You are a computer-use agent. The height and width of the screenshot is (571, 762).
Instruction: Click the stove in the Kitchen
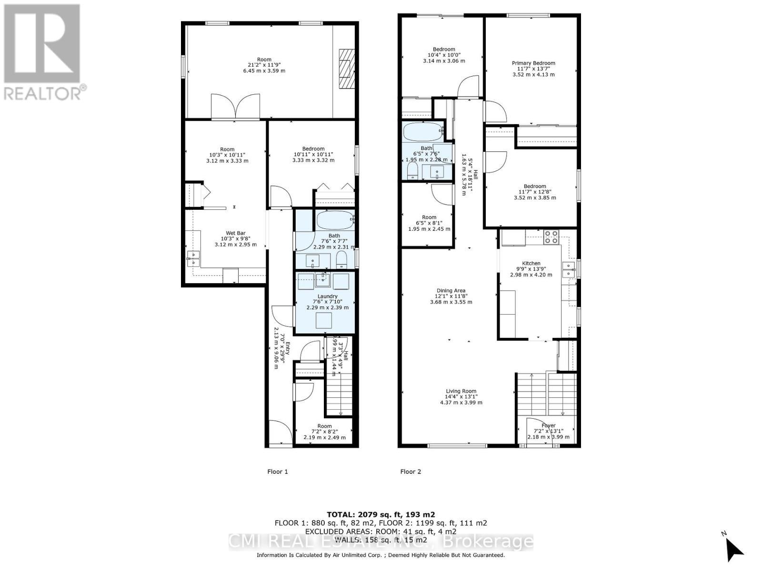coord(551,236)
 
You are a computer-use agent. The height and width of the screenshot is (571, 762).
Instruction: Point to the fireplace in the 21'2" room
coord(347,69)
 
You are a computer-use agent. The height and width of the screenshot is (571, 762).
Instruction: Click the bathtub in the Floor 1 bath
coord(334,220)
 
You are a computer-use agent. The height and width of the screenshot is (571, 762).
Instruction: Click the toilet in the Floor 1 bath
coord(341,260)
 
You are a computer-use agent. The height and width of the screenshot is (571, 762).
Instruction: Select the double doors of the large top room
coord(236,107)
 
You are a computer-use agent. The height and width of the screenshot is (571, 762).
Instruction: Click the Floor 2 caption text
coord(411,472)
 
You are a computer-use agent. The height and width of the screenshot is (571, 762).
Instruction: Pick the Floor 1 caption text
coord(277,472)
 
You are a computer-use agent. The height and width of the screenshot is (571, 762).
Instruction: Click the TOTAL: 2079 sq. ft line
coord(381,514)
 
